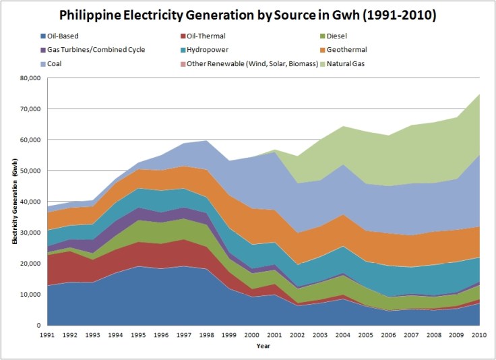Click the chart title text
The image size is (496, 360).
(x=247, y=14)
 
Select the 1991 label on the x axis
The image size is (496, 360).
(x=48, y=334)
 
